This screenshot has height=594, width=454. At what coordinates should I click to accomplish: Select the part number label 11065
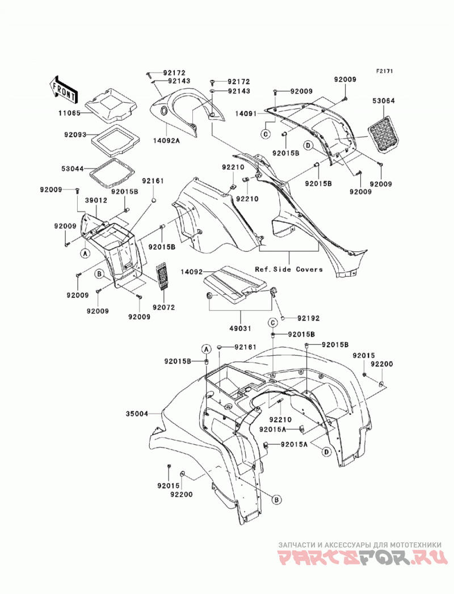point(69,113)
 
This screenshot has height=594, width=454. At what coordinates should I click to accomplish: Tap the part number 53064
point(383,101)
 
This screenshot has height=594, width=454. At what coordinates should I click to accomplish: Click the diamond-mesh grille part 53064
point(384,134)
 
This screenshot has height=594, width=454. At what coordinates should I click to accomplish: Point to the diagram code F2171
point(384,71)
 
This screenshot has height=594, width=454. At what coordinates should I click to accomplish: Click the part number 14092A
point(166,141)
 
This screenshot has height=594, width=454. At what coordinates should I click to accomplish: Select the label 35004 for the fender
point(137,414)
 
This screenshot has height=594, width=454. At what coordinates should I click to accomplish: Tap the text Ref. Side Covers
point(289,269)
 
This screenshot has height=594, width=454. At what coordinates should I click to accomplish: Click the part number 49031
point(240,328)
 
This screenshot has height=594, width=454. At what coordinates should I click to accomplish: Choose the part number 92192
point(308,318)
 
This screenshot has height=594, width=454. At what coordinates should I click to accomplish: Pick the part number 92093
point(75,134)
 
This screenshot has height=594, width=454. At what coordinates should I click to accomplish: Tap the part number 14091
point(246,113)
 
